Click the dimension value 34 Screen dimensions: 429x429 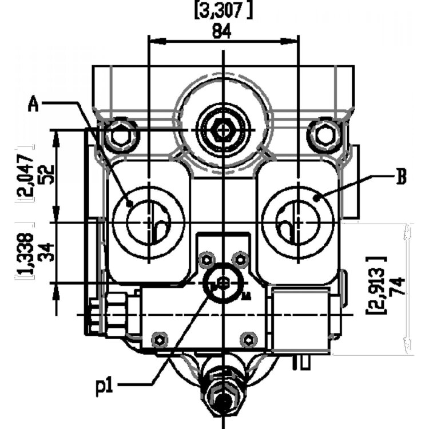[x=49, y=252]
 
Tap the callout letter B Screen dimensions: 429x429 [x=402, y=177]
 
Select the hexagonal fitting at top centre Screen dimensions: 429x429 [x=222, y=131]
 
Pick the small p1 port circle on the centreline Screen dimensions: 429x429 [x=223, y=283]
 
